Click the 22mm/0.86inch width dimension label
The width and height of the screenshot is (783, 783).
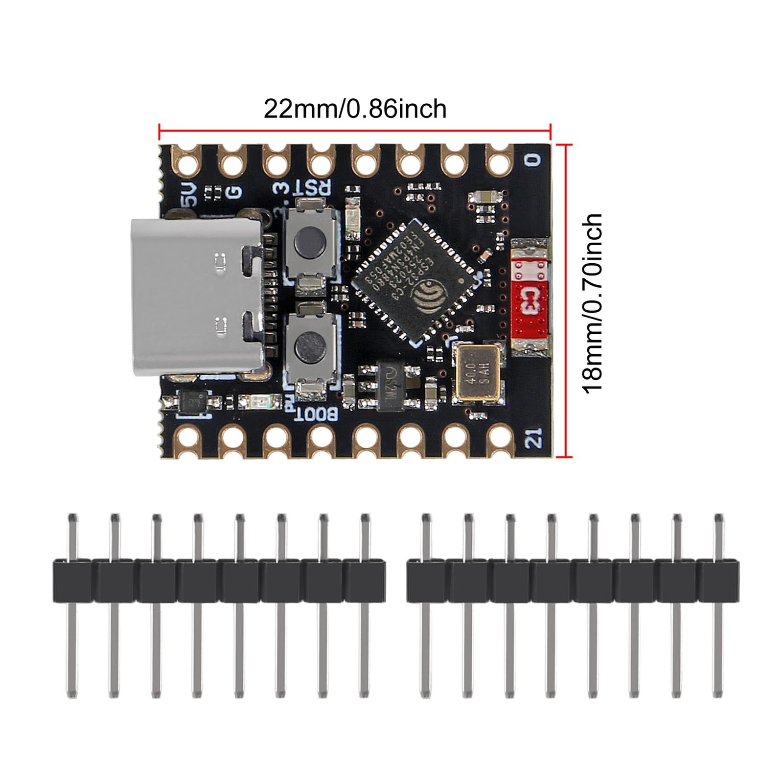click(355, 109)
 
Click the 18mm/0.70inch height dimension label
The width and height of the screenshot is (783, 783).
click(592, 302)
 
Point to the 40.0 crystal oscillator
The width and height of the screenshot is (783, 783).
click(477, 372)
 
